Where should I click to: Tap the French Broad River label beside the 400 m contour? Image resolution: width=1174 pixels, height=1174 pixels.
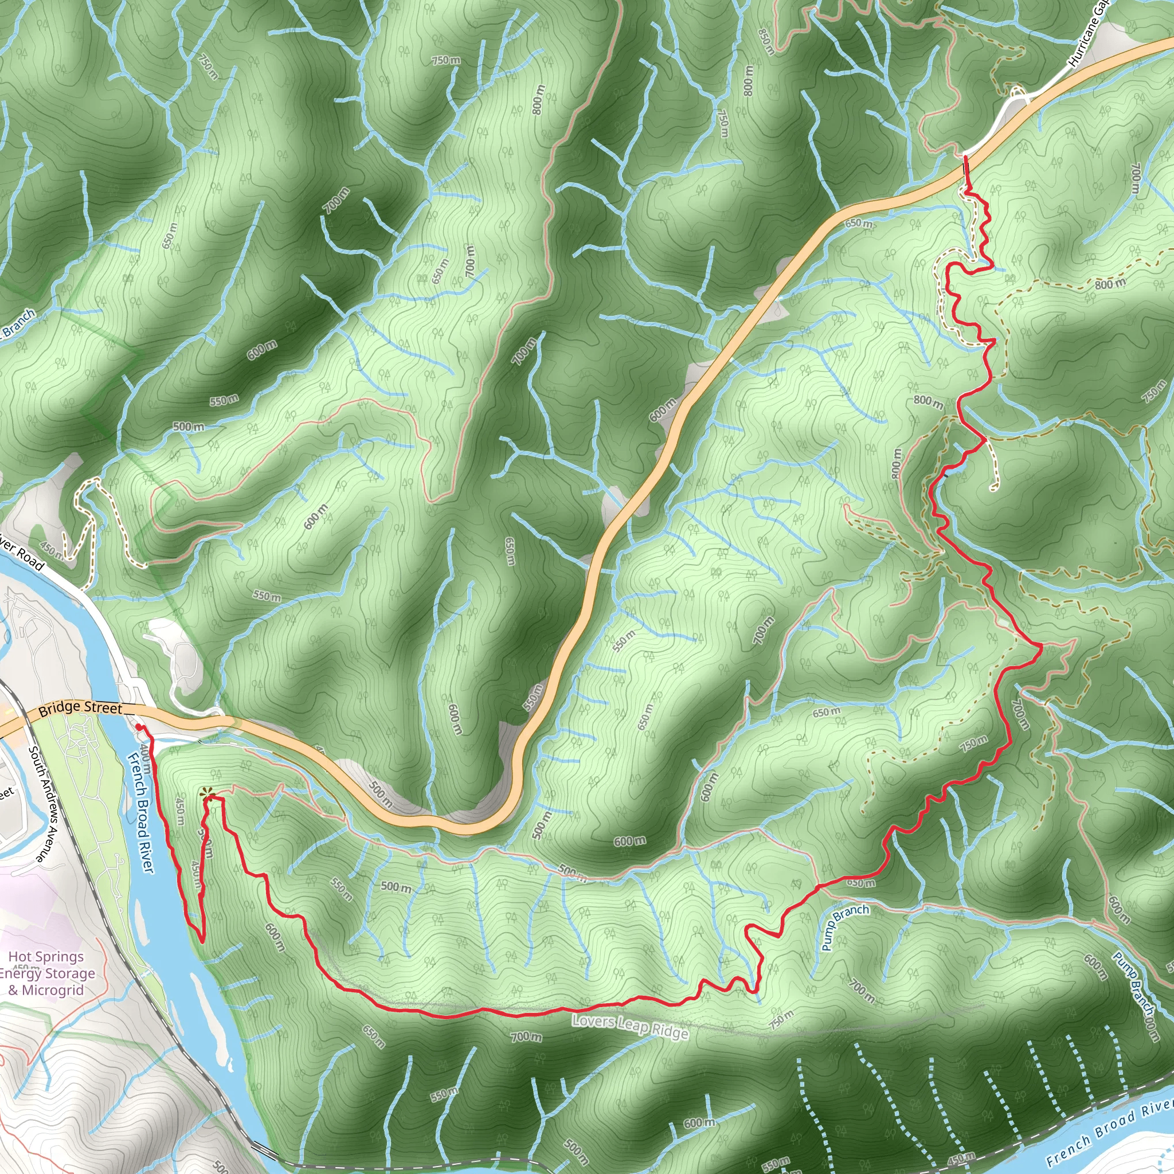pyautogui.click(x=141, y=812)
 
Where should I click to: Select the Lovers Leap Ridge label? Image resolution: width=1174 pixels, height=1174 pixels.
pyautogui.click(x=629, y=1026)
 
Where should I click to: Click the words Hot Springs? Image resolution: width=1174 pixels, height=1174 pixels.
pyautogui.click(x=46, y=957)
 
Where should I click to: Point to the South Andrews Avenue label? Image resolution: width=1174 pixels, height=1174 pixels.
pyautogui.click(x=46, y=804)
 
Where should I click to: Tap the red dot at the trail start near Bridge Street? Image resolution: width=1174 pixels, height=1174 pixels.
pyautogui.click(x=139, y=727)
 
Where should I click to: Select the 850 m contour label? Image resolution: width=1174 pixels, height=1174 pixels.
pyautogui.click(x=767, y=41)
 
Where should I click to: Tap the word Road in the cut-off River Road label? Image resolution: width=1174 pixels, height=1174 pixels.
pyautogui.click(x=30, y=558)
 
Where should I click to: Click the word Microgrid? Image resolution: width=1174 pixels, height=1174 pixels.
pyautogui.click(x=54, y=990)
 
